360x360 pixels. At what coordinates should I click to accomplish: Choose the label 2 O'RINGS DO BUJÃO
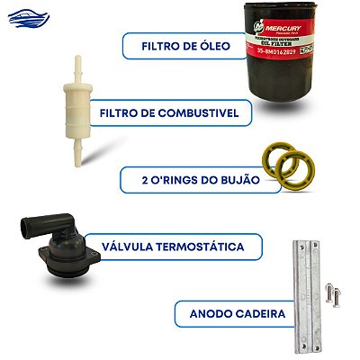[188, 179]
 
